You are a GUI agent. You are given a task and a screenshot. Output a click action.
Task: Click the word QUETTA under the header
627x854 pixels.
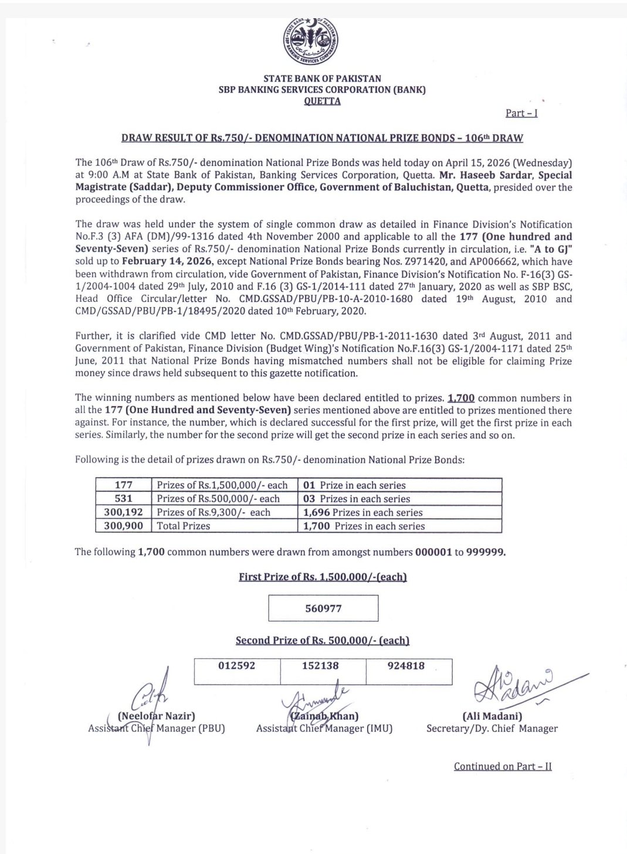pyautogui.click(x=322, y=101)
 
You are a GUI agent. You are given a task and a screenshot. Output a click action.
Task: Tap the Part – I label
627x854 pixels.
pyautogui.click(x=521, y=113)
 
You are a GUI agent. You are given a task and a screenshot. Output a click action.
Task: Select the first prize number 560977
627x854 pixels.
pyautogui.click(x=323, y=608)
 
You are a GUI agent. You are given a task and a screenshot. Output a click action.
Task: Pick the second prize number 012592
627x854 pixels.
pyautogui.click(x=236, y=666)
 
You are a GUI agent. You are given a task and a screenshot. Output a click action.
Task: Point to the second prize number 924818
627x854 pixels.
pyautogui.click(x=406, y=666)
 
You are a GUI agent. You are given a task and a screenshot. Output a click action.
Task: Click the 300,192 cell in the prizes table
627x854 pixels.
pyautogui.click(x=124, y=512)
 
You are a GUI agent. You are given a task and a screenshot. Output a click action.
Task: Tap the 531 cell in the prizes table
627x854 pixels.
pyautogui.click(x=124, y=499)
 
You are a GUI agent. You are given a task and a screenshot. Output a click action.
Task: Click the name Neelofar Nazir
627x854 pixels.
pyautogui.click(x=157, y=716)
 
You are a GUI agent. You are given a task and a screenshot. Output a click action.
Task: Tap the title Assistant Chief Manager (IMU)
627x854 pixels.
pyautogui.click(x=324, y=729)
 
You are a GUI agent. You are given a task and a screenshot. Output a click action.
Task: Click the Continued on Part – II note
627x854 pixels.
pyautogui.click(x=503, y=766)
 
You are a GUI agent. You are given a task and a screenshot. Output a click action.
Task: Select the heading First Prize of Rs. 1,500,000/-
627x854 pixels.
pyautogui.click(x=323, y=577)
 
